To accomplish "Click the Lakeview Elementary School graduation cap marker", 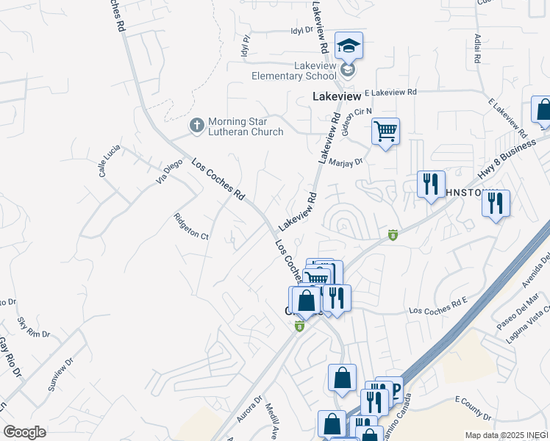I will (349, 46).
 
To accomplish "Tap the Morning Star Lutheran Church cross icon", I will (196, 126).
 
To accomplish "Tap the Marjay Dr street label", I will (347, 162).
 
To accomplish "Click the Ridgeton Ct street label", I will (191, 226).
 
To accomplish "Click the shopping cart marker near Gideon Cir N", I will (385, 132).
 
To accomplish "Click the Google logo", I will (25, 431).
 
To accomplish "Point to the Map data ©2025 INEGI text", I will (506, 435).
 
